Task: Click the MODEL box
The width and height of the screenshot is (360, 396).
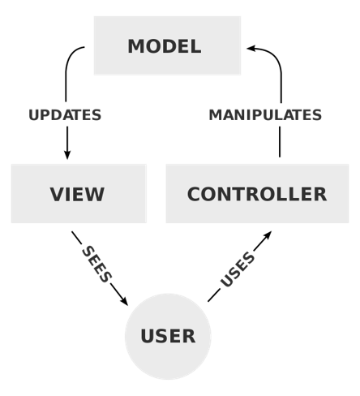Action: pos(167,45)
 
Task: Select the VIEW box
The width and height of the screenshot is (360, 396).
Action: pos(79,193)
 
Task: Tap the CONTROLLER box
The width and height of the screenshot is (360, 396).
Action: pos(257,193)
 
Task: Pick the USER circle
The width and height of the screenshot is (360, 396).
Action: pos(168,336)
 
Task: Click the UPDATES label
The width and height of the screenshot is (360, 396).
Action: pos(65,115)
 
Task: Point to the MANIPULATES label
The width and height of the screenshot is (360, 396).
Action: pos(265,115)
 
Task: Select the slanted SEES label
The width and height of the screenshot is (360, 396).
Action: pos(96,265)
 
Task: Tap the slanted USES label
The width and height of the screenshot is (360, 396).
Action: pos(238,269)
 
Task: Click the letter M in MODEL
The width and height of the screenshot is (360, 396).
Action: pos(136,46)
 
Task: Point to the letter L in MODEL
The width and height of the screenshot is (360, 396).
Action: pos(195,46)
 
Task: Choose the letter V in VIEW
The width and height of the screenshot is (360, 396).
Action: pos(56,195)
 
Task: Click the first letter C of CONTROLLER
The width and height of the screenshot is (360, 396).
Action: pos(195,195)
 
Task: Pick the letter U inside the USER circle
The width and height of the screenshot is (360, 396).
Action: pos(148,337)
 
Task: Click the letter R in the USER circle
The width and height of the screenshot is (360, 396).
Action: pos(188,337)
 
